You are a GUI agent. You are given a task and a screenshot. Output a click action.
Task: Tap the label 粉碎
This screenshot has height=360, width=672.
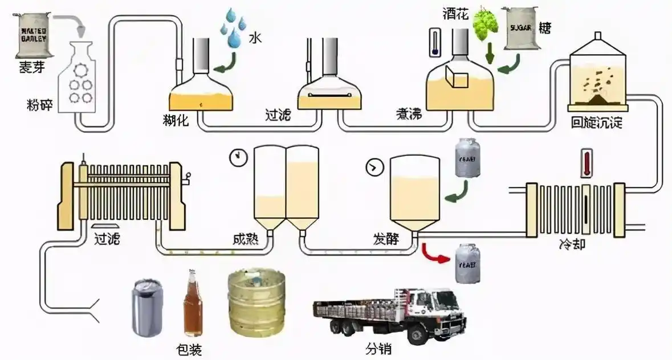[x=40, y=105]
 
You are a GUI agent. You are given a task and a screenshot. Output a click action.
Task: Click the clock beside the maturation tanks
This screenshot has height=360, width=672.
[x=237, y=158]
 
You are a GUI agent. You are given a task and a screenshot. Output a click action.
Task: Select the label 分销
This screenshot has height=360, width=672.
[x=378, y=348]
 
